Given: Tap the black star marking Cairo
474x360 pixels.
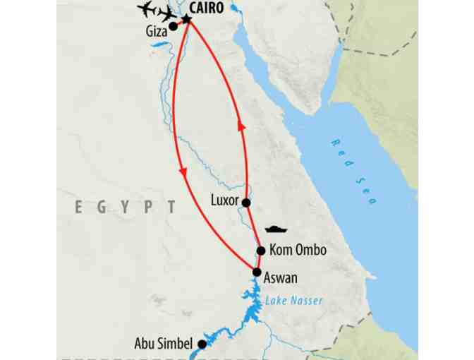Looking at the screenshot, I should pos(187,19).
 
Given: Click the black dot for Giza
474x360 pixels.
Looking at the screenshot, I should pos(173,27).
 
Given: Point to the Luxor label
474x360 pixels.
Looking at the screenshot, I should pos(225,200).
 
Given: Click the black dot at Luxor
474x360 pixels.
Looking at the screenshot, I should pos(246,203).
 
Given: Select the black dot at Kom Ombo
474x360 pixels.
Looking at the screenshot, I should pos(261,251).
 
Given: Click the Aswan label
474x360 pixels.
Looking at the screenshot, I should pos(281,278).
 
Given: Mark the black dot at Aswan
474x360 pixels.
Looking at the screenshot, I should pos(257,272).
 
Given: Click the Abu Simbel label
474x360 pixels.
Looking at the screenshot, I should pos(163,344).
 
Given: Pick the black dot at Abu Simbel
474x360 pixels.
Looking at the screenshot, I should pos(202,344).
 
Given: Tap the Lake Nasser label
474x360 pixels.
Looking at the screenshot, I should pos(294,301).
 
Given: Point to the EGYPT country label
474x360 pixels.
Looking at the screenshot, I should pos(126,207).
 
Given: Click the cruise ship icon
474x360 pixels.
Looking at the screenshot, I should pos(276,229).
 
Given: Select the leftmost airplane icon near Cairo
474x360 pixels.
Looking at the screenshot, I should pos(149,9).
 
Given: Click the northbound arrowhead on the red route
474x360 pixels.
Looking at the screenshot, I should pos(242,126).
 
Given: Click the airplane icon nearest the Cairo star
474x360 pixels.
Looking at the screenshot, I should pos(169,14).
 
